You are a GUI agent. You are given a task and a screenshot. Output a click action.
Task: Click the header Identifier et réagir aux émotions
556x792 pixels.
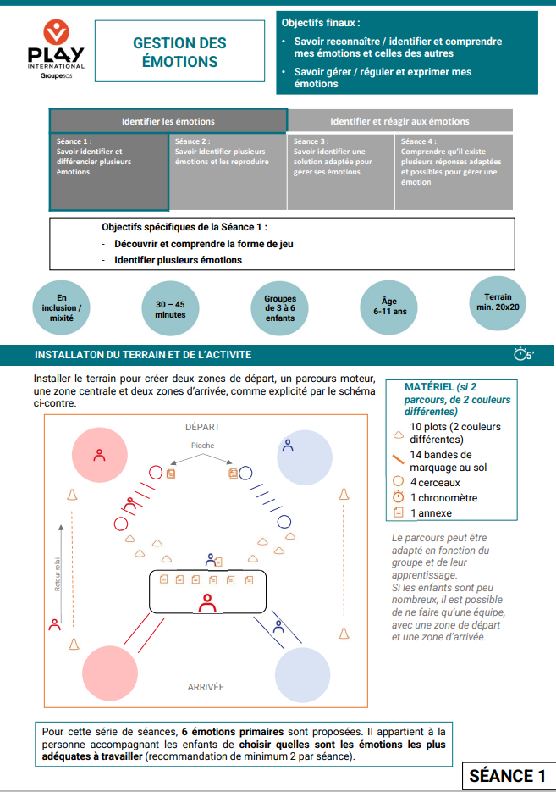pyautogui.click(x=399, y=121)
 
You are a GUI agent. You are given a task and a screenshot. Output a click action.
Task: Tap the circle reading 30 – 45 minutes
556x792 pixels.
pyautogui.click(x=170, y=308)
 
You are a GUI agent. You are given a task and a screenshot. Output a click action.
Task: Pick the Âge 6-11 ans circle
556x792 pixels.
pyautogui.click(x=389, y=306)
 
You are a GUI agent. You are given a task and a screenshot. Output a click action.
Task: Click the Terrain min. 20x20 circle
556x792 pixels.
pyautogui.click(x=498, y=302)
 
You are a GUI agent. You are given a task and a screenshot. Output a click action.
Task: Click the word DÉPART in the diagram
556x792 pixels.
pyautogui.click(x=201, y=426)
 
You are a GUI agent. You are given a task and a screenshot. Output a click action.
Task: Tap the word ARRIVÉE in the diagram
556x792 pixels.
pyautogui.click(x=206, y=687)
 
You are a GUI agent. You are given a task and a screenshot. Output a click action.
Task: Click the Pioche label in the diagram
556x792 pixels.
pyautogui.click(x=202, y=446)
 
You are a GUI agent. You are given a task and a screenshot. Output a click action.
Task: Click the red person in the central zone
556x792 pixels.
pyautogui.click(x=206, y=603)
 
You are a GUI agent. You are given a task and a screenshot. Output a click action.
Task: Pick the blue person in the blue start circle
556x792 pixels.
pyautogui.click(x=288, y=444)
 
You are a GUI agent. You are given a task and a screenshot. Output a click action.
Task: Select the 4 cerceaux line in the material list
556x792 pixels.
pyautogui.click(x=436, y=482)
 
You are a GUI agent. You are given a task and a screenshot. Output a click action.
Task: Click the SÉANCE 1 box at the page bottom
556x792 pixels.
pyautogui.click(x=507, y=776)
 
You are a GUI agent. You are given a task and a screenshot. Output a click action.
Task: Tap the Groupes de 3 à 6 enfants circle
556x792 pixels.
pyautogui.click(x=280, y=308)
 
